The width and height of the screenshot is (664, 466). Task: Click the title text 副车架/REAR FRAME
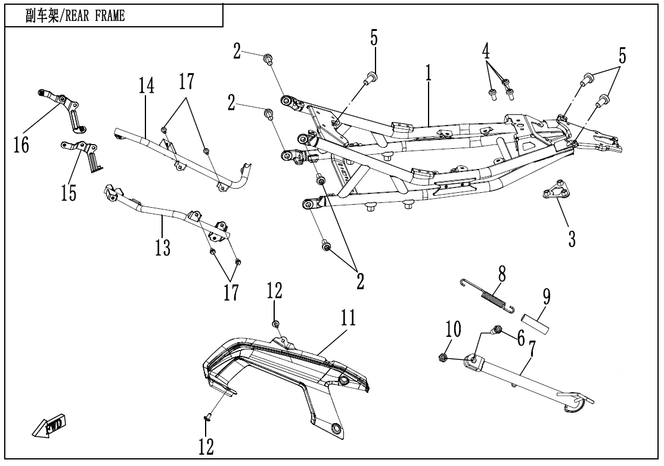click(x=75, y=16)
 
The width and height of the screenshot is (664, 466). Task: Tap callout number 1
click(x=428, y=74)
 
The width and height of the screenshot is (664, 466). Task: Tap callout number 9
click(x=546, y=296)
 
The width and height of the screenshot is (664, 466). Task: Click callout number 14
click(x=147, y=86)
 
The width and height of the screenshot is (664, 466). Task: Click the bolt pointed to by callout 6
click(x=497, y=329)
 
